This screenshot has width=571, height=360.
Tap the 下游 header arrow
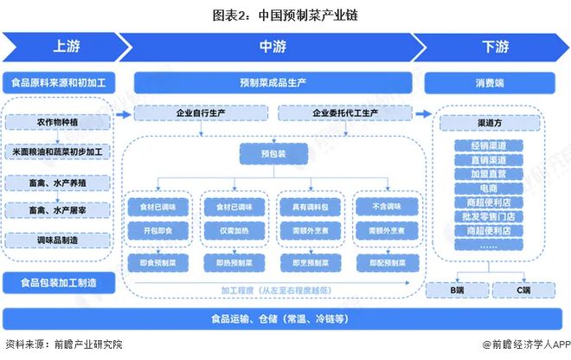click(x=489, y=47)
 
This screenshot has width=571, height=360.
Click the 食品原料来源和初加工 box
click(x=59, y=83)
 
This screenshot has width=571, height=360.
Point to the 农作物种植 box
click(x=59, y=124)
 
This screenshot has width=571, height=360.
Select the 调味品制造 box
click(x=59, y=238)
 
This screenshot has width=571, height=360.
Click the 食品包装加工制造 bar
click(x=59, y=282)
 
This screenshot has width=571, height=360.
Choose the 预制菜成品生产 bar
click(x=276, y=83)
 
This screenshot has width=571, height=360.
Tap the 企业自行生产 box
click(x=201, y=112)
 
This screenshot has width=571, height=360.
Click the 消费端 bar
click(x=489, y=83)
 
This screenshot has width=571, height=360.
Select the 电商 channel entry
click(x=489, y=187)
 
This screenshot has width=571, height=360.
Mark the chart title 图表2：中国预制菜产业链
click(x=285, y=13)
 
